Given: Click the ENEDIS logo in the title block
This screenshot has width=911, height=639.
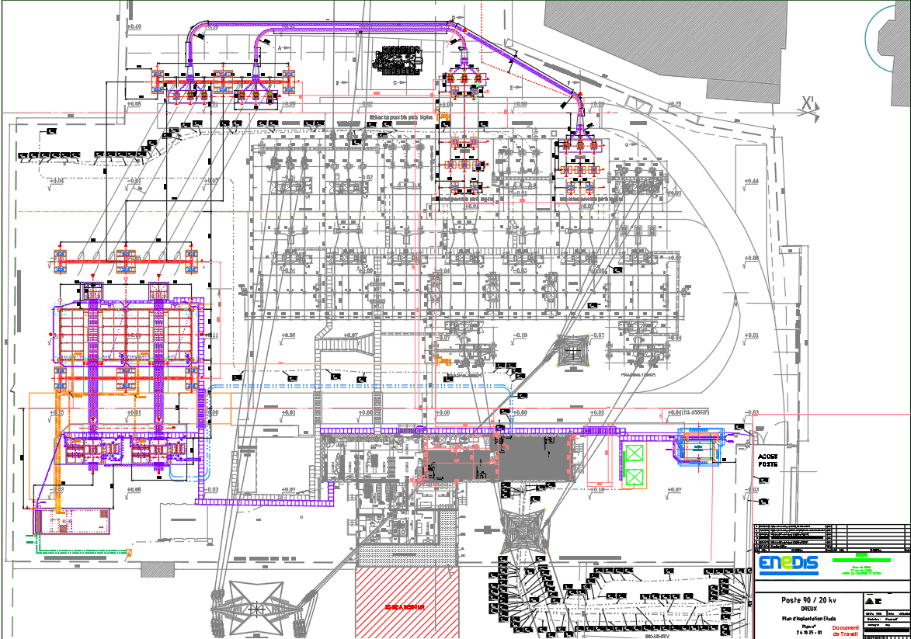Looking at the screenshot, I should click(x=788, y=564).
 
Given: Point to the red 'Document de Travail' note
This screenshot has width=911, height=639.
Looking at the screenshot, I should click(x=846, y=630).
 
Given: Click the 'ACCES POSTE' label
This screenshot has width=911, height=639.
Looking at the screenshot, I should click(x=767, y=460).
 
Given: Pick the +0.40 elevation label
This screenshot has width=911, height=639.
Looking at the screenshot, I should click(x=134, y=27).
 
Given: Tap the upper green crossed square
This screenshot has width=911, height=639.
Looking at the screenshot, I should click(x=635, y=455).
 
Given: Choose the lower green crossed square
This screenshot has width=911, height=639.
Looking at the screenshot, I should click(x=635, y=478).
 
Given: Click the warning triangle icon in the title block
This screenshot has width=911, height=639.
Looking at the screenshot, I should click(x=867, y=601).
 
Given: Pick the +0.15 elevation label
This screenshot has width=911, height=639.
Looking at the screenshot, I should click(x=57, y=412).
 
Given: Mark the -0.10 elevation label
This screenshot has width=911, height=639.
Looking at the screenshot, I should click(x=520, y=335).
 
